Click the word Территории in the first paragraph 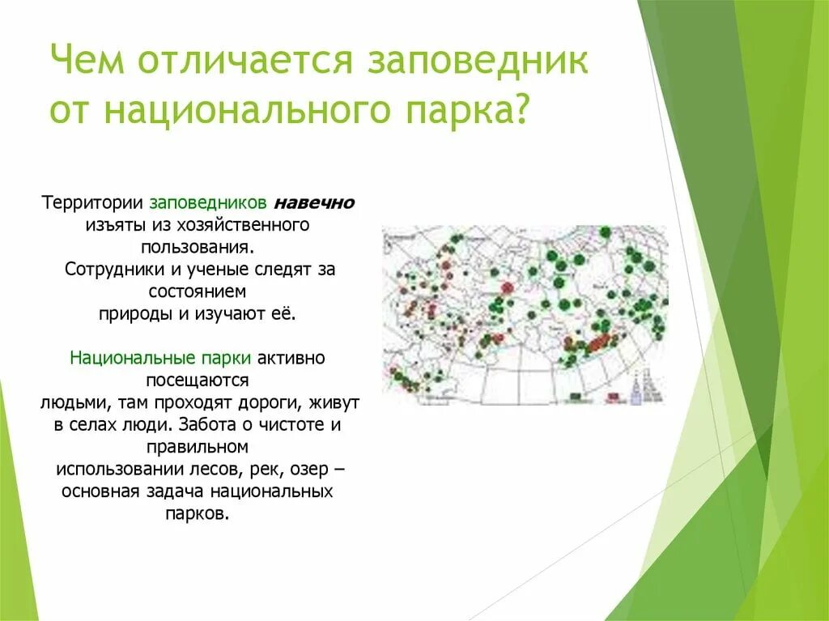point(93,202)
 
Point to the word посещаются point(199,380)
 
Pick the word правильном point(199,446)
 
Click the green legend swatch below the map point(577,396)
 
